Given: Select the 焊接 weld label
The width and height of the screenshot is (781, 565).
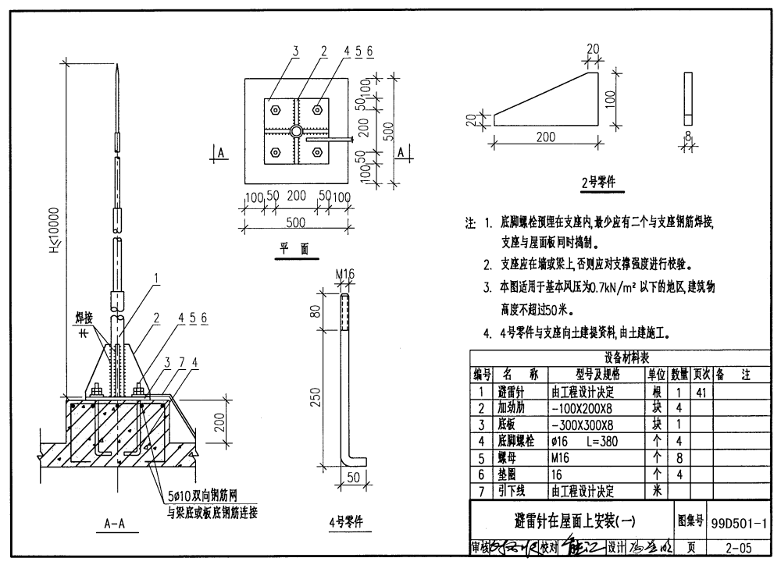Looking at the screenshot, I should point(84,318).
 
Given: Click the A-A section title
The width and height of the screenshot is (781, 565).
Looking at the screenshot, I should point(115,524).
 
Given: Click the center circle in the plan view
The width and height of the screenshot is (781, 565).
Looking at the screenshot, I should point(295,130).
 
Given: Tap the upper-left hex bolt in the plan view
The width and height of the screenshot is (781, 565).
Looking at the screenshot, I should point(275,109).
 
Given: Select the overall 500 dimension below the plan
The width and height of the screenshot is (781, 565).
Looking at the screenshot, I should point(295,222).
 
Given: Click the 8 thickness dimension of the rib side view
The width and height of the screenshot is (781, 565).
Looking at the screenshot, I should point(687,138).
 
